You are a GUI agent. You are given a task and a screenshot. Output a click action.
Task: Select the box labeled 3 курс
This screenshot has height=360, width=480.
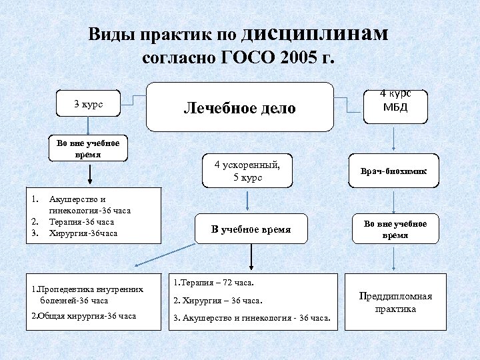(x=88, y=105)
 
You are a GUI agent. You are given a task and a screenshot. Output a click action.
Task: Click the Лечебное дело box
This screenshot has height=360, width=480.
(x=239, y=107)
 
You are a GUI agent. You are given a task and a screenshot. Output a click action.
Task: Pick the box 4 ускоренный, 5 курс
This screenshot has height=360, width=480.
(x=247, y=171)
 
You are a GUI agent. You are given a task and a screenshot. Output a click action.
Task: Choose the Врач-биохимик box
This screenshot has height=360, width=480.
(x=395, y=171)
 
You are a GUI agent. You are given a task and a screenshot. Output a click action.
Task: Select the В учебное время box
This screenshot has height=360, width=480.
(x=251, y=229)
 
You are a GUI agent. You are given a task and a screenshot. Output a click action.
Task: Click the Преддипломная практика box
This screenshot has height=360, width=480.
(x=395, y=303)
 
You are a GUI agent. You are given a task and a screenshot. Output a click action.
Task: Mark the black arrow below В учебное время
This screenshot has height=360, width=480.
(x=251, y=256)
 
